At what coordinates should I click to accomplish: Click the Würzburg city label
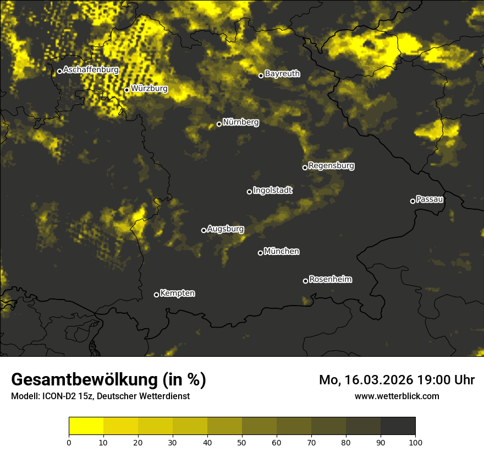[149, 88]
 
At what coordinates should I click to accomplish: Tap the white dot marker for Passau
[413, 201]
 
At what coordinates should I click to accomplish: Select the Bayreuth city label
[282, 73]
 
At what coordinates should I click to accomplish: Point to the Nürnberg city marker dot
[219, 124]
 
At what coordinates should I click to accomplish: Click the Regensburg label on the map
[331, 165]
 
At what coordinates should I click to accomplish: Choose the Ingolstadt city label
[273, 190]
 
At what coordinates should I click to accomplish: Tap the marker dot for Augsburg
[204, 230]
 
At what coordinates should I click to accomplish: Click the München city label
[282, 251]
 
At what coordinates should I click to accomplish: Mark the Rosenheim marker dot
[305, 281]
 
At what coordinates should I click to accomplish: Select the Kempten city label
[177, 293]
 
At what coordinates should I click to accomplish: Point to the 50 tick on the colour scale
[242, 442]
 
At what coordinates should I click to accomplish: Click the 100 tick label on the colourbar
[415, 442]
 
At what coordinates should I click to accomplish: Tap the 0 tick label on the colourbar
[69, 442]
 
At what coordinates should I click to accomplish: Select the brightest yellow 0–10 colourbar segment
[86, 426]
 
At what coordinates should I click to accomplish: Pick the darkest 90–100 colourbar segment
[398, 426]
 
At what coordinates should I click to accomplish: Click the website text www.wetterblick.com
[397, 396]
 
